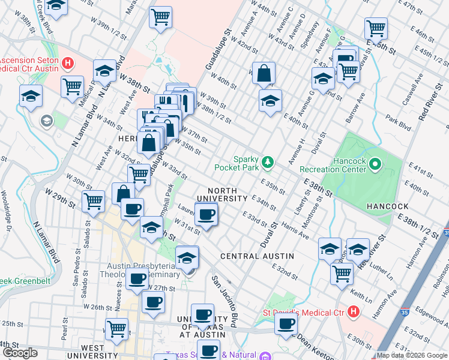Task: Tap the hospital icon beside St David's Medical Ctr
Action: point(353,312)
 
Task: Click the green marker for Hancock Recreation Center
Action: point(375,163)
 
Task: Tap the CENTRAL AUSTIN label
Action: point(257,256)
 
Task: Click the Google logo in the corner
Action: point(20,353)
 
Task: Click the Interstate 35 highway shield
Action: point(445,231)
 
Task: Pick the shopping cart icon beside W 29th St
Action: point(93,200)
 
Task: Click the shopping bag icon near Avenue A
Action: point(264,74)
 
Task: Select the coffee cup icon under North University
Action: point(206,215)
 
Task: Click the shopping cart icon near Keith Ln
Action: point(342,273)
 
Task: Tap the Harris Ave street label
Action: point(295,232)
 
